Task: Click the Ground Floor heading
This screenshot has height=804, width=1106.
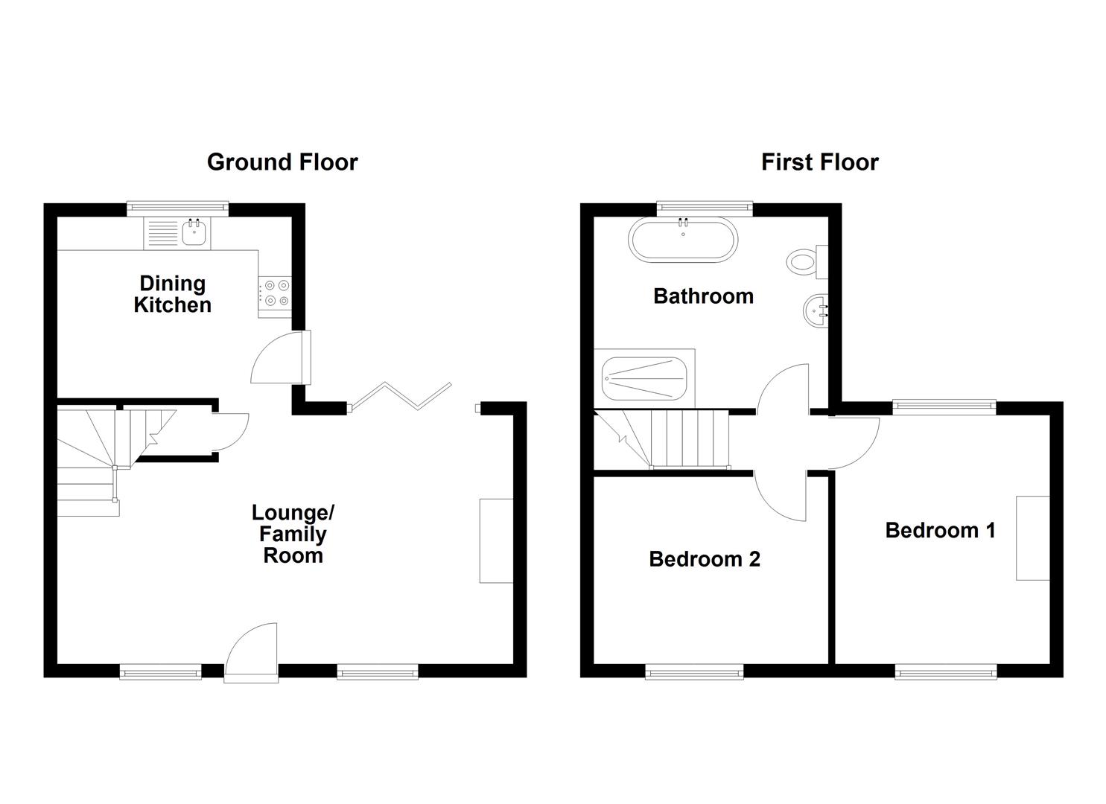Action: [x=282, y=162]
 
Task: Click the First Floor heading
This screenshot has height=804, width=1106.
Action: [x=819, y=162]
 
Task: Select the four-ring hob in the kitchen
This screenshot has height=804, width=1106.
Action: [x=275, y=292]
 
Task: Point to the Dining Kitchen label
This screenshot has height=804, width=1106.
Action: [x=172, y=294]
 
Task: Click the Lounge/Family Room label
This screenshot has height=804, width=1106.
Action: [x=293, y=534]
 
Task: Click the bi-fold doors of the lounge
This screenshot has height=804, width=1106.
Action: [x=401, y=395]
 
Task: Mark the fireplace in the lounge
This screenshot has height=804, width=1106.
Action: [x=496, y=540]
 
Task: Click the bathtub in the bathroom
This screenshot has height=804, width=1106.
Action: [x=684, y=239]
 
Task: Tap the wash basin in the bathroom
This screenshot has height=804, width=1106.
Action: [x=816, y=310]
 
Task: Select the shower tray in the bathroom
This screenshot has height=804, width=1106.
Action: [x=644, y=378]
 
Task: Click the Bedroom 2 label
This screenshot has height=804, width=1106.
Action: [x=705, y=559]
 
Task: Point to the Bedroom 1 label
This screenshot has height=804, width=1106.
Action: [x=940, y=530]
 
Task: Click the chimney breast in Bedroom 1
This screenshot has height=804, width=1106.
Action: [x=1033, y=537]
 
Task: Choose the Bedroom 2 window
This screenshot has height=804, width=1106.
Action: [x=694, y=672]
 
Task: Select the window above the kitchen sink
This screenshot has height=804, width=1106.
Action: [x=177, y=208]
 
